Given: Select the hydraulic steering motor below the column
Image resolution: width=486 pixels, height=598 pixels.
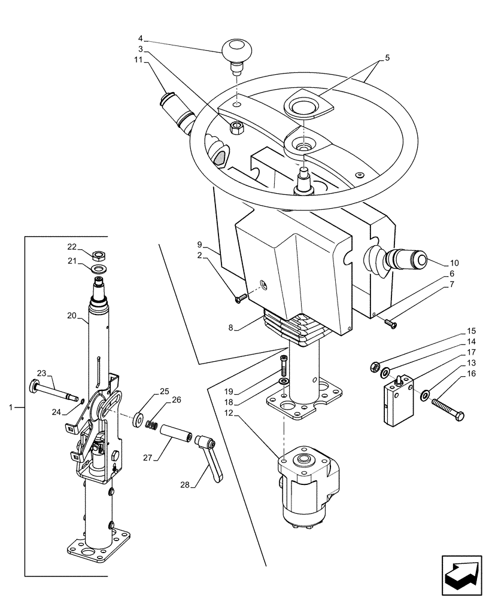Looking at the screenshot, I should [x=309, y=485].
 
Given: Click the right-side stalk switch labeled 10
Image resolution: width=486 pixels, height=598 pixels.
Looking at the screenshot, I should [x=400, y=261].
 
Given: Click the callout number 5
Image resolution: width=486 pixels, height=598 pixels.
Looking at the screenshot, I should [x=387, y=59].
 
